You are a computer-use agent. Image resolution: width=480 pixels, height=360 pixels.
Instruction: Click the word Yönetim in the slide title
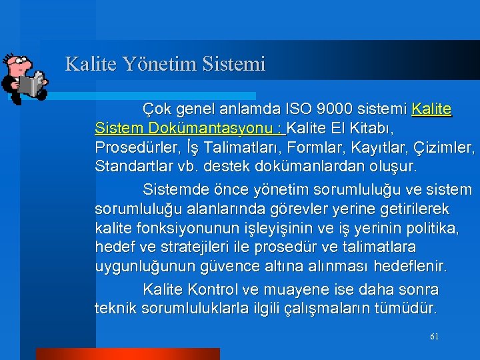(x=145, y=65)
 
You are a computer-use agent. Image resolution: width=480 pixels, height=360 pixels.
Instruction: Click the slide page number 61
(x=434, y=337)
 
